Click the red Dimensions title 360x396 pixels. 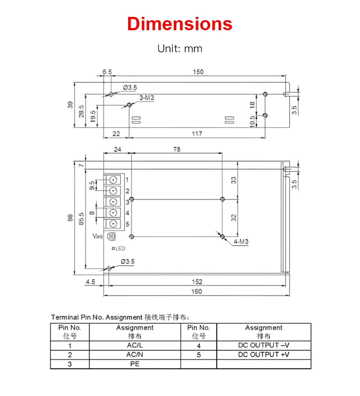click(x=180, y=24)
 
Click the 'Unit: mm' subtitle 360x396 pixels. click(x=180, y=49)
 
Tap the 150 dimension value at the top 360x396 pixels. click(x=198, y=72)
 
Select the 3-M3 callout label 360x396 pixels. click(x=147, y=98)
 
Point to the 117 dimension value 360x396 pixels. click(x=197, y=133)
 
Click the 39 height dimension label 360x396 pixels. click(x=70, y=105)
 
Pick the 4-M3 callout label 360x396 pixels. click(x=241, y=242)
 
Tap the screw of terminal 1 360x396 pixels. click(x=113, y=180)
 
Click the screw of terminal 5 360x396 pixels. click(x=113, y=224)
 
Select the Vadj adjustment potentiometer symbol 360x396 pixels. click(x=111, y=236)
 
